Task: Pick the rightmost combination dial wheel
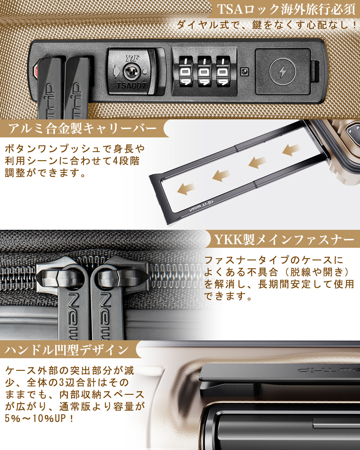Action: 223,71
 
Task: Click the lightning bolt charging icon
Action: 283,72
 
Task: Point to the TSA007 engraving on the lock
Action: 131,85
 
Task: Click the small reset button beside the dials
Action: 245,71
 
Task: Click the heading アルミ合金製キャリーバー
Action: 82,129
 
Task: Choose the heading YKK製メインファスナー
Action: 284,240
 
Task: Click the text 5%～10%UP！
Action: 39,418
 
